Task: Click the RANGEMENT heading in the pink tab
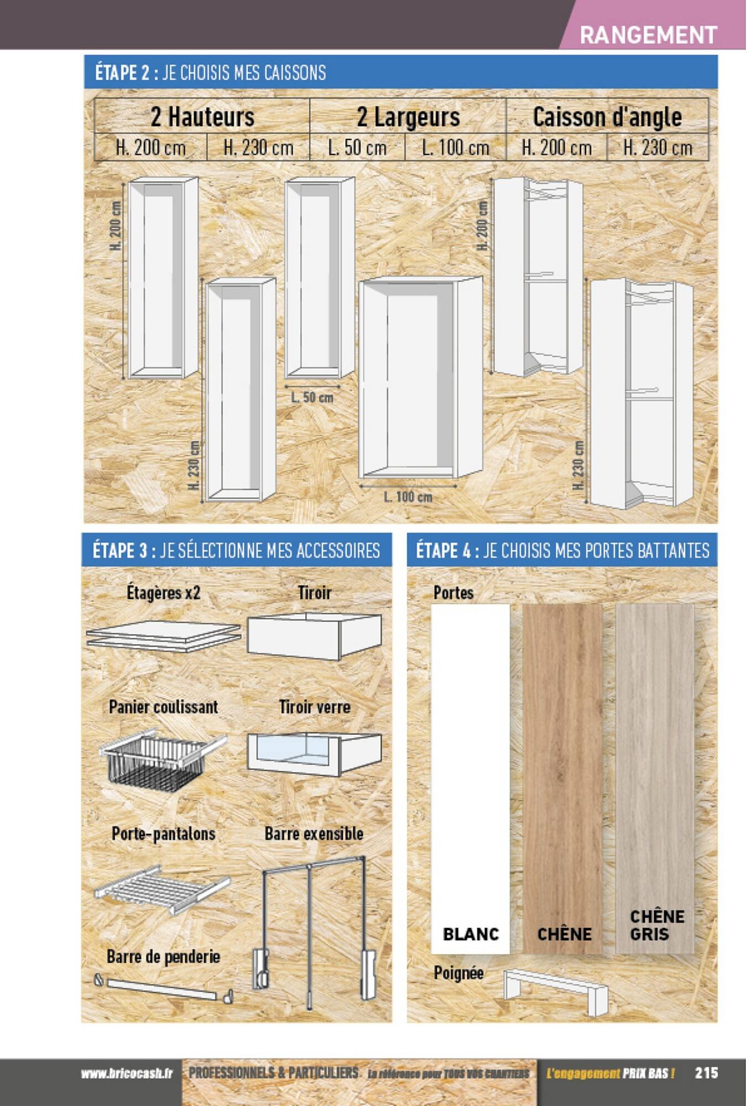pos(648,35)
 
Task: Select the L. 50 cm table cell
pos(357,148)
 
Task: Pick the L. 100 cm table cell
pos(456,148)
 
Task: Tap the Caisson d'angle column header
pos(607,117)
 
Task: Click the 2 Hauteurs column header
pos(202,117)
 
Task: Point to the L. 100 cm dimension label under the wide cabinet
pos(408,497)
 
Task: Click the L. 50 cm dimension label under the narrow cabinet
pos(312,397)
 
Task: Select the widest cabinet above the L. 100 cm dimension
pos(420,377)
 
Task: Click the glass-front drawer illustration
pos(314,753)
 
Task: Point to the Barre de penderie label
pos(163,956)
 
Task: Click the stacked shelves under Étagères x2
pos(163,636)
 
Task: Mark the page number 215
pos(706,1073)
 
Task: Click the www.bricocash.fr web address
pos(127,1073)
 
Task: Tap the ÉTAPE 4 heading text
pos(562,550)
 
